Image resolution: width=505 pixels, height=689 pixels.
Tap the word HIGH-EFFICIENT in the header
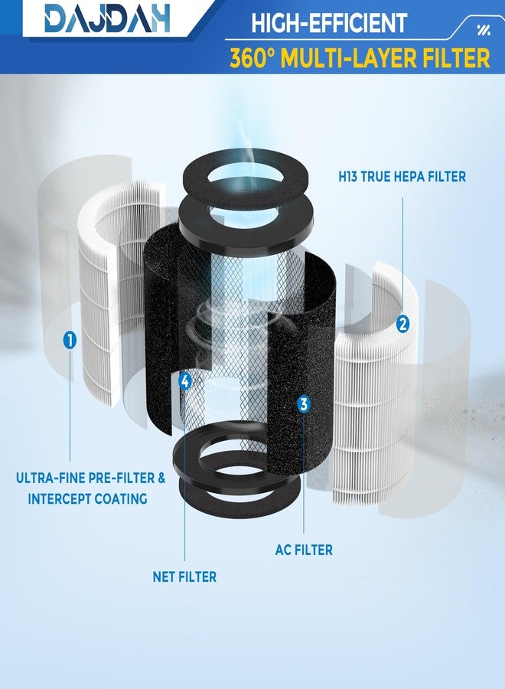329,22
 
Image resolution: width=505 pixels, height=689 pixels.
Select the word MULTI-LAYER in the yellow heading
349,58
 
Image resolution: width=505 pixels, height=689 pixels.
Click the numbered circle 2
402,324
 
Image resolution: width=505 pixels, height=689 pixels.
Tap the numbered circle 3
304,403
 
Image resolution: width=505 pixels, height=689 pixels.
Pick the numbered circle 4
185,381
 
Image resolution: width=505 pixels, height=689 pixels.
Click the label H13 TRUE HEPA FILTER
402,177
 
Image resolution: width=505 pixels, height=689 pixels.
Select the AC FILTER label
304,550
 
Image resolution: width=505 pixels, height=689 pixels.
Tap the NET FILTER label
184,576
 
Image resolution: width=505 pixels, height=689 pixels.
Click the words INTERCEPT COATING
87,498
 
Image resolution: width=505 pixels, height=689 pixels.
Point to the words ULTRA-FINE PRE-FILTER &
90,478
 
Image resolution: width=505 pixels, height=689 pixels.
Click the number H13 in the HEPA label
348,177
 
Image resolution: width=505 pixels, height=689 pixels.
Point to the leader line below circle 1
70,404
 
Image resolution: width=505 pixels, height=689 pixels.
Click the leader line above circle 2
402,257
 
